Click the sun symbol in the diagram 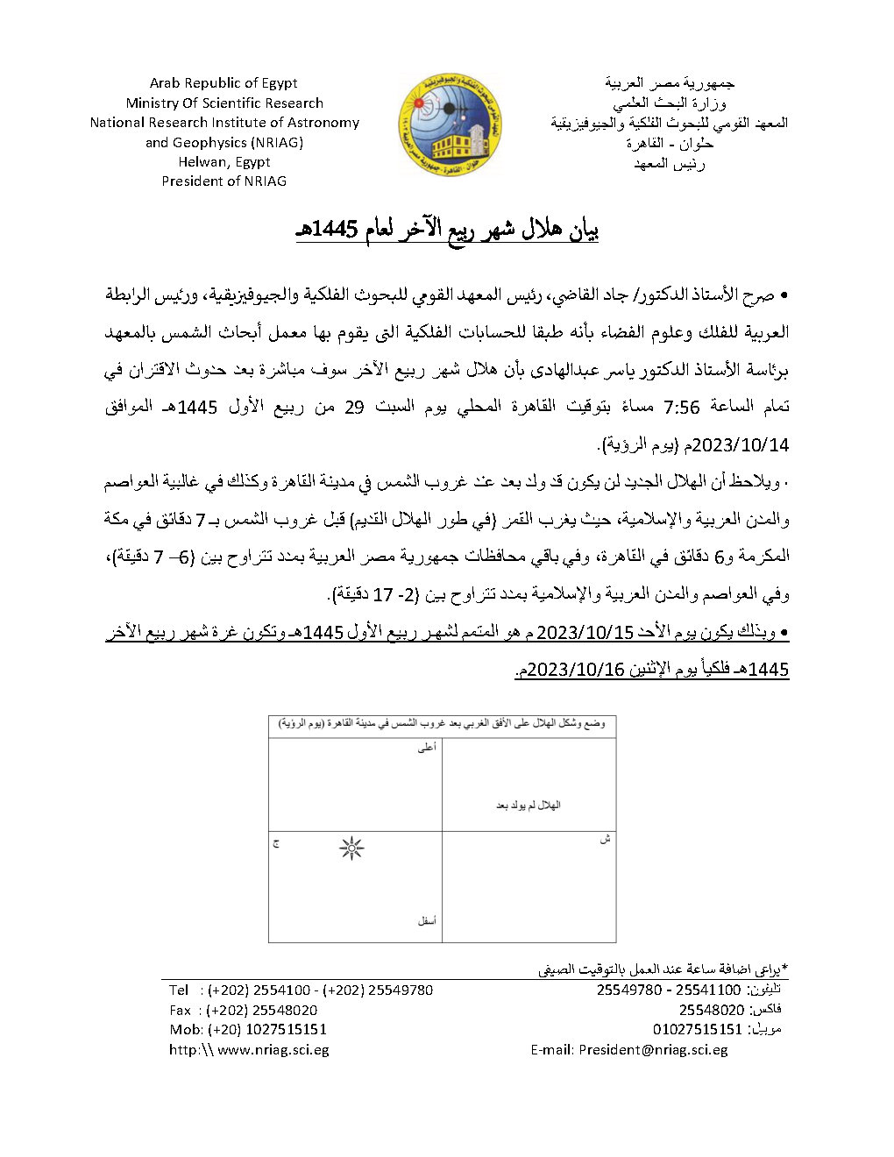[351, 848]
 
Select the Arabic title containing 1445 [446, 231]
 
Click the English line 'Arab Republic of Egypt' [223, 83]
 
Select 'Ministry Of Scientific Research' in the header [224, 103]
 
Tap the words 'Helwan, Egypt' [224, 161]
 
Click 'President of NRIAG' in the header [224, 181]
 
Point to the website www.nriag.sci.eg [273, 1049]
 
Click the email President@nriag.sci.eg [653, 1049]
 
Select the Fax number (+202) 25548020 [262, 1010]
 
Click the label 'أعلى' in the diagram [426, 749]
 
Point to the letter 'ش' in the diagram [604, 840]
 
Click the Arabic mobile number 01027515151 [698, 1029]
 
